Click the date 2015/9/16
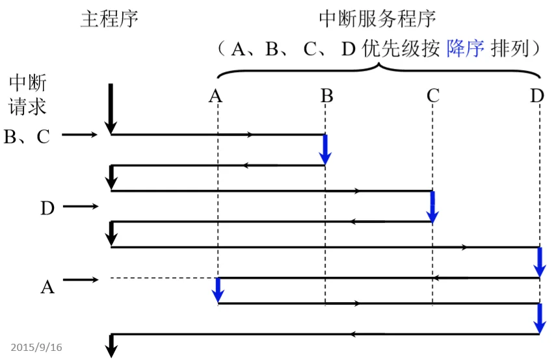(x=36, y=347)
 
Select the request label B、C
(x=27, y=136)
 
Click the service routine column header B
(x=326, y=96)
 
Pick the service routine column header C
(x=433, y=96)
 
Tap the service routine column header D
(x=536, y=96)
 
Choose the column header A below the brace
(x=216, y=96)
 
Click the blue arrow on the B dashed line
(x=326, y=149)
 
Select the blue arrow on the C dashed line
(x=432, y=206)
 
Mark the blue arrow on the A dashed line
(x=218, y=290)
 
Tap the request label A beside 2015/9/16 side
(x=47, y=287)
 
